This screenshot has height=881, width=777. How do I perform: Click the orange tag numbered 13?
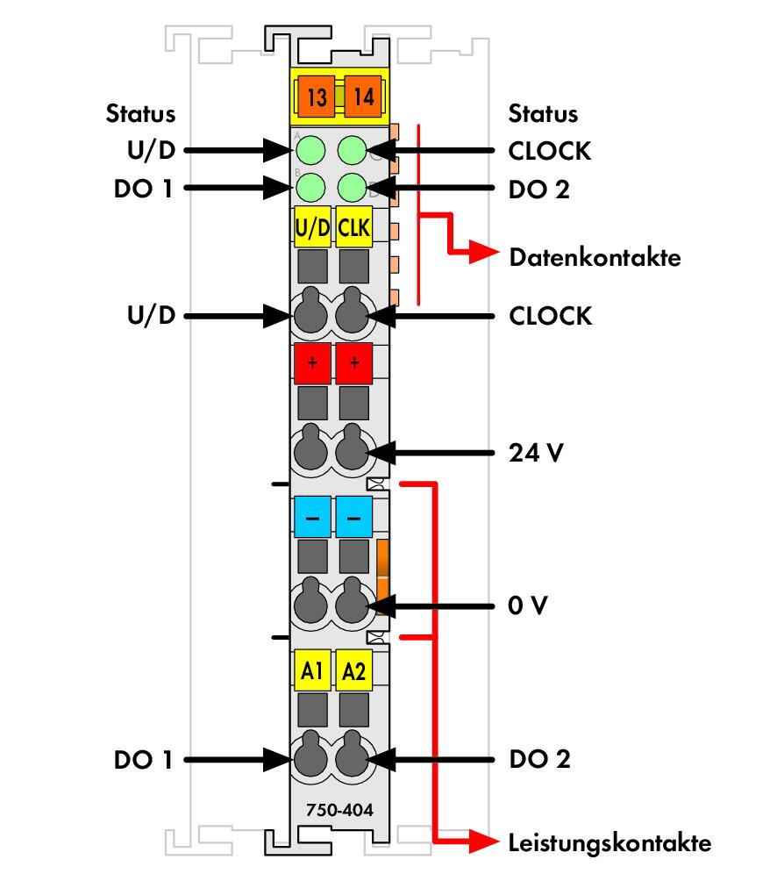click(x=316, y=97)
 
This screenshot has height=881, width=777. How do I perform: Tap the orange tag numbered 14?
click(x=363, y=97)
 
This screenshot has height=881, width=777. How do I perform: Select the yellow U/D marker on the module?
click(x=312, y=227)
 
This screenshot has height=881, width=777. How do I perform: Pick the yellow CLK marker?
click(x=353, y=227)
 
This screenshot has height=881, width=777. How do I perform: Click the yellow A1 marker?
click(x=312, y=670)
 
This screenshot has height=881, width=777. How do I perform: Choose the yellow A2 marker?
click(x=353, y=670)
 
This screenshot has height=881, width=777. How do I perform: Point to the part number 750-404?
click(x=339, y=810)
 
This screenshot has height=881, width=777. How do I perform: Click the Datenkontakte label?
click(x=595, y=257)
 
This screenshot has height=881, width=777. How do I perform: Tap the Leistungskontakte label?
click(x=609, y=842)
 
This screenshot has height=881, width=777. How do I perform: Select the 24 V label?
click(x=536, y=452)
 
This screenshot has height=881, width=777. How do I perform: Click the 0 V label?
click(x=527, y=605)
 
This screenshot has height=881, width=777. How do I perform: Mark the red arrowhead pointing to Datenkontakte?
click(x=483, y=251)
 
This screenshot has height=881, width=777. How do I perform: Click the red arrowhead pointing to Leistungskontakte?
click(x=483, y=842)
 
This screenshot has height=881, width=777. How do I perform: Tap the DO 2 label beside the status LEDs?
click(x=539, y=190)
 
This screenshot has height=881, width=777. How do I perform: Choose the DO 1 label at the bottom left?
click(x=143, y=760)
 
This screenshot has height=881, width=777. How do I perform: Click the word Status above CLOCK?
click(x=543, y=113)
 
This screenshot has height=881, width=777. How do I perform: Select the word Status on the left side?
click(x=140, y=113)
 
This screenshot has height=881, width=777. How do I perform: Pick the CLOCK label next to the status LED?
click(x=550, y=151)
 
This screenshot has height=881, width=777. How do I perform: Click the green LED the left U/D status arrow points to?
click(x=310, y=150)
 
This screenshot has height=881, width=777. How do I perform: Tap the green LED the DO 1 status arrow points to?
click(x=310, y=187)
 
